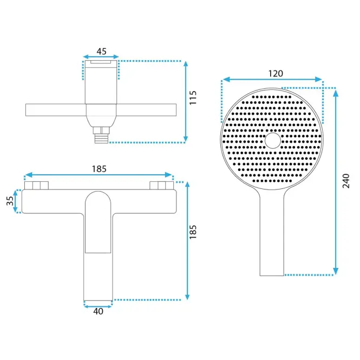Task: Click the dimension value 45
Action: (101, 51)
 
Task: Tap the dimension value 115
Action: (193, 98)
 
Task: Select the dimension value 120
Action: (276, 74)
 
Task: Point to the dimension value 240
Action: (346, 181)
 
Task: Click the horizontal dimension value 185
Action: (99, 169)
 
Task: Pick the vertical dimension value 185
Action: (193, 232)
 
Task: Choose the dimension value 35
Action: (10, 201)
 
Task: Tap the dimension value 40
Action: (99, 311)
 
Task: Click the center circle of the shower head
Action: (273, 141)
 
